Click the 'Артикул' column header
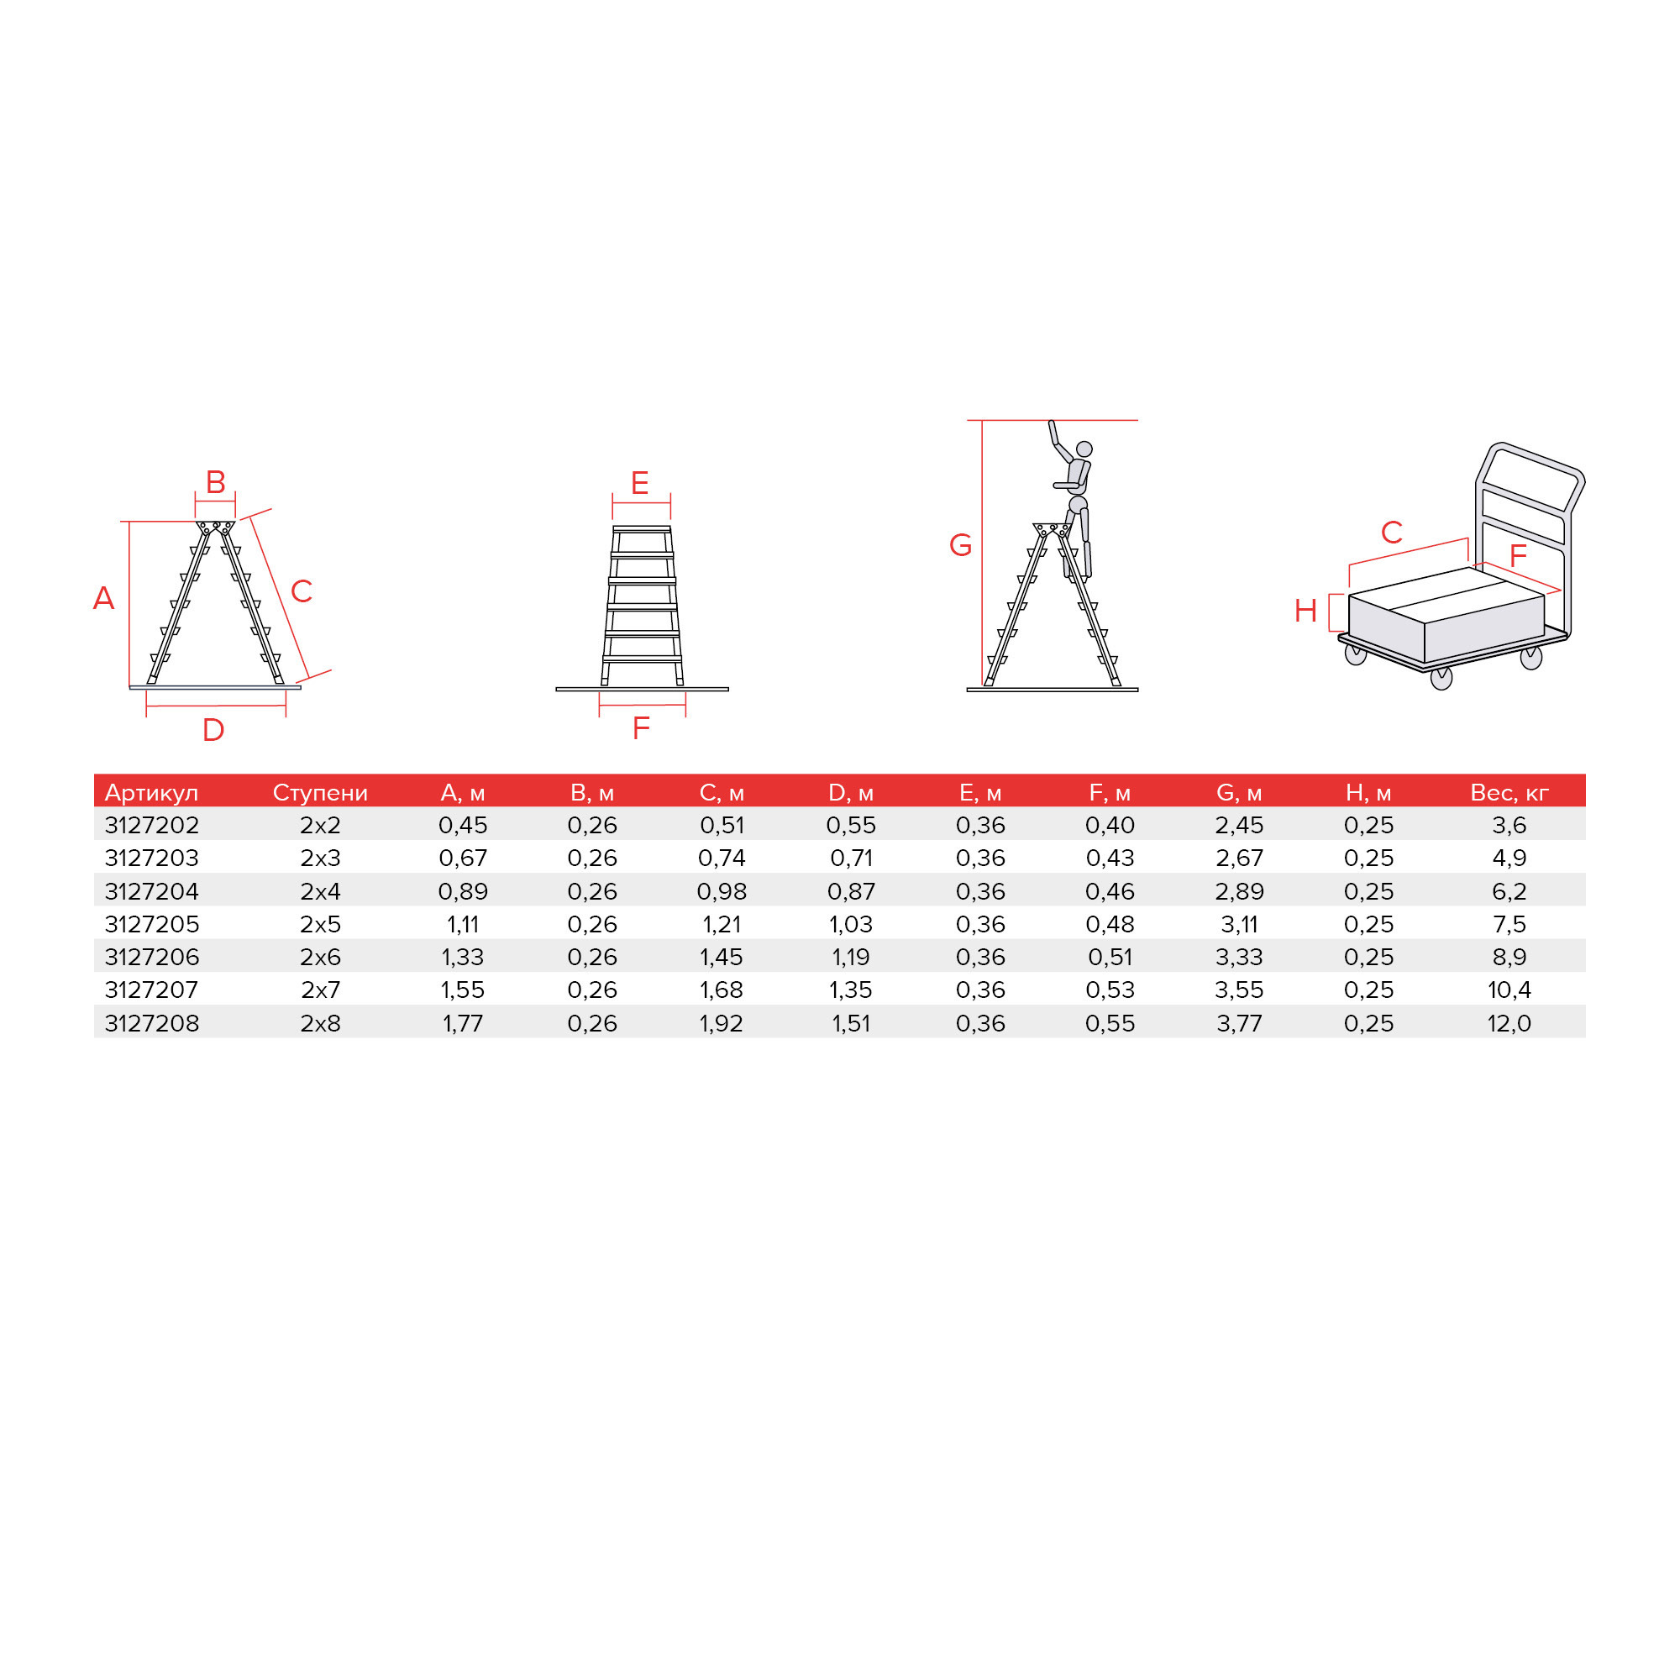point(151,792)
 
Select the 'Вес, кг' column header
point(1509,792)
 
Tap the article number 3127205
point(151,923)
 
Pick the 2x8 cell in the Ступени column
point(320,1022)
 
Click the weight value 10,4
point(1509,990)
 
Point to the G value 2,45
point(1238,824)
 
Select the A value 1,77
point(463,1022)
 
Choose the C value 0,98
point(721,890)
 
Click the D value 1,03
point(850,923)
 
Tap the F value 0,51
point(1110,957)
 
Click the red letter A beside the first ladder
point(103,598)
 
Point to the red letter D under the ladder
point(213,730)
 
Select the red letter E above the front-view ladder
point(639,483)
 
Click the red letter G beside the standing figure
point(960,545)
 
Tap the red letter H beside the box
point(1305,611)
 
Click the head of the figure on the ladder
point(1084,449)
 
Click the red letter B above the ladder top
point(215,480)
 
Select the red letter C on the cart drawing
point(1391,533)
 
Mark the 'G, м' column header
point(1238,792)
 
